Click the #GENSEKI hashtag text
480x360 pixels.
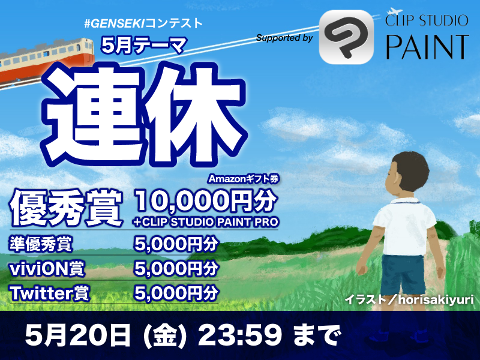point(115,23)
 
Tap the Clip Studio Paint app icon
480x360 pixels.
point(346,37)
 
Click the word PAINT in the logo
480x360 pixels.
point(427,47)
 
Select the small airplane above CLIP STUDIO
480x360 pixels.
point(394,11)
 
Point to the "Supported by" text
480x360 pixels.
point(284,38)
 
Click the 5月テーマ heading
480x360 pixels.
point(143,46)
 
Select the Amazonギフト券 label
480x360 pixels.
point(244,179)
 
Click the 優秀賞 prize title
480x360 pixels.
point(67,208)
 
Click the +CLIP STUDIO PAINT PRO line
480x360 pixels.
point(206,222)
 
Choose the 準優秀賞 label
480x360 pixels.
point(41,244)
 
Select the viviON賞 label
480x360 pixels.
point(47,268)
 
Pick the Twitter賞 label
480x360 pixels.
point(50,293)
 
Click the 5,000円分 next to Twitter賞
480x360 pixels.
point(176,293)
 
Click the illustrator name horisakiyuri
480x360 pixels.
point(436,299)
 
